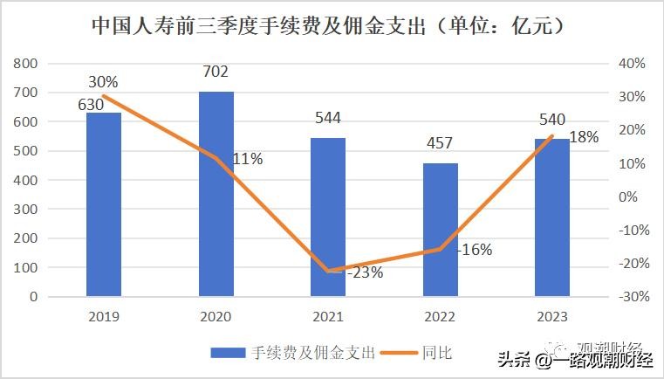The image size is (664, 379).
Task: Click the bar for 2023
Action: pos(552,217)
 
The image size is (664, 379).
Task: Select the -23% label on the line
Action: pos(365,272)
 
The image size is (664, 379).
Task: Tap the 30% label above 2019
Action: pos(103,82)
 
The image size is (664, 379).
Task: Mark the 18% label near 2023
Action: pos(584,137)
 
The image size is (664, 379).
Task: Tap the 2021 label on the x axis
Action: pos(328,316)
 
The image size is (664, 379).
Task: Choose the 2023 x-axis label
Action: pos(552,316)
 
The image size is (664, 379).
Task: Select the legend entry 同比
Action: pos(437,353)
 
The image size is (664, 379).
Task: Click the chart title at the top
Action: pos(332,26)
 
